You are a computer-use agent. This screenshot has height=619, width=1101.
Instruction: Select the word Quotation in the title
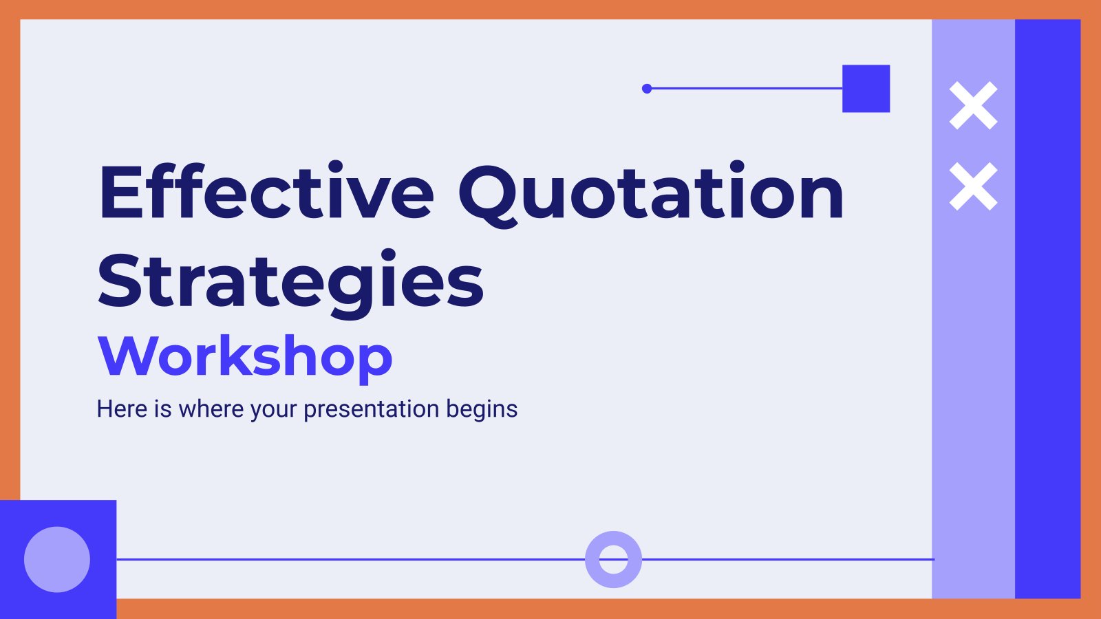point(651,194)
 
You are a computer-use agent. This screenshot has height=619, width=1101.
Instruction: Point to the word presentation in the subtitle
point(372,410)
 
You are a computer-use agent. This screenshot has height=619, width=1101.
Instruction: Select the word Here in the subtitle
point(122,409)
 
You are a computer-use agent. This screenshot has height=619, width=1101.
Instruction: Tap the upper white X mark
point(973,106)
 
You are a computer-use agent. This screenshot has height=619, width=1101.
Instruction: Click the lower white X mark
point(973,186)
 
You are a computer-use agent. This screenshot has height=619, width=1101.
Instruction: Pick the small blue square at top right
point(866,89)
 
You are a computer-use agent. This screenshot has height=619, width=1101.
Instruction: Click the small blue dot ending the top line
point(647,89)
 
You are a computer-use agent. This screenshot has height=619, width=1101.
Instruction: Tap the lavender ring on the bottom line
point(613,539)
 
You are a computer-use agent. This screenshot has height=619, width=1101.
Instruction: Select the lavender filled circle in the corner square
point(57,560)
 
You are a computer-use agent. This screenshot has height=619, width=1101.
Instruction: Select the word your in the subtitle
point(273,412)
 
